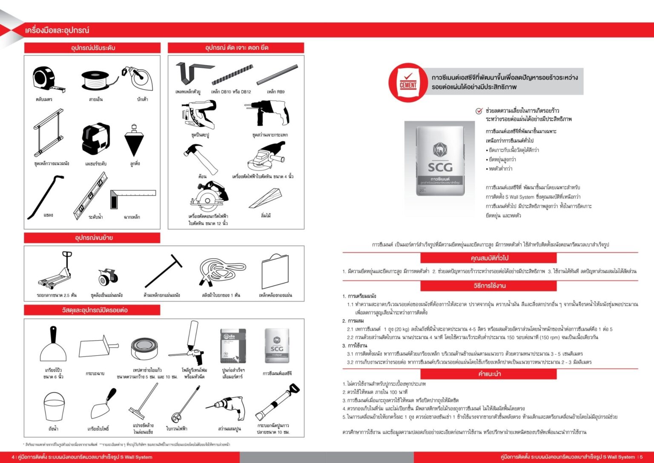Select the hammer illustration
[x=200, y=158]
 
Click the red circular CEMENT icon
[x=408, y=82]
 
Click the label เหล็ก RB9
[x=275, y=92]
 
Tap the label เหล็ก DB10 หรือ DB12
[x=231, y=92]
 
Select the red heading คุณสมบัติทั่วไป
[x=489, y=258]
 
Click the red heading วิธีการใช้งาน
[x=489, y=286]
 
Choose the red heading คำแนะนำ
[x=489, y=374]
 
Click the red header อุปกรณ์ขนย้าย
[x=92, y=237]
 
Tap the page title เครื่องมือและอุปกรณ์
[x=57, y=30]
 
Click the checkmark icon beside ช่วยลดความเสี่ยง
[x=479, y=111]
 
